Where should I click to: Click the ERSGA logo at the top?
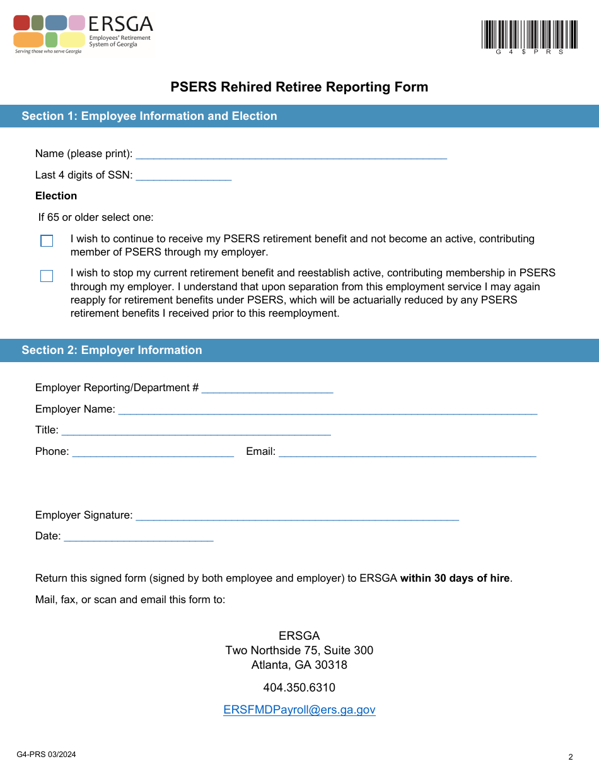coord(83,34)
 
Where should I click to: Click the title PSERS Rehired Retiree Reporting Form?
coord(299,87)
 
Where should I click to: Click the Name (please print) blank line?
coord(291,153)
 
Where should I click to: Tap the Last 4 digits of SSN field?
coord(183,175)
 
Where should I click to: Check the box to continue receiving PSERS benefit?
coord(47,241)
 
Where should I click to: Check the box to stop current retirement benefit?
coord(47,276)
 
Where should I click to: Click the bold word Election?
coord(56,196)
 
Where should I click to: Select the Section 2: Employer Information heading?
coord(112,350)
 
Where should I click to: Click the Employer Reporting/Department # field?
coord(267,387)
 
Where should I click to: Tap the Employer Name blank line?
coord(327,409)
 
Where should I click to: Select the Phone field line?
coord(153,451)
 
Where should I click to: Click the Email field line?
coord(407,451)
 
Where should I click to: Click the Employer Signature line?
coord(296,515)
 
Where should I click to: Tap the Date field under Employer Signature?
coord(138,536)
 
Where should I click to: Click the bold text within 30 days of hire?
coord(455,578)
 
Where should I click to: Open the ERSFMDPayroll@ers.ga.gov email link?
coord(299,710)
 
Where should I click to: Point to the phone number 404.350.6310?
coord(299,688)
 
